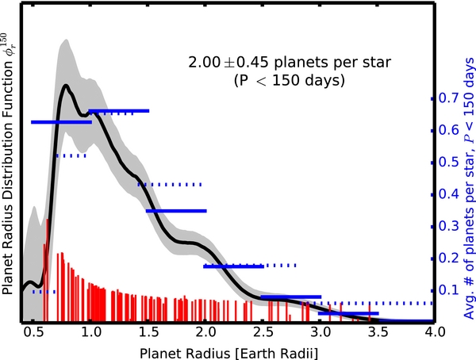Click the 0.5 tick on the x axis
point(33,331)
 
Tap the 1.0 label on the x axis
point(90,331)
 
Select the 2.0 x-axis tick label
point(205,331)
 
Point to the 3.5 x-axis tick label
point(376,331)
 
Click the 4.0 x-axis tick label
point(432,331)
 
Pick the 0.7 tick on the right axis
point(451,98)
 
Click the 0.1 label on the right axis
point(451,290)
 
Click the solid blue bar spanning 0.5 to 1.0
point(61,122)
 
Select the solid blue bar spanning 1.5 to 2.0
point(176,211)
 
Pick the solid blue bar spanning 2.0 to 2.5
point(233,266)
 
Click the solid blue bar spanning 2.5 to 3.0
point(290,297)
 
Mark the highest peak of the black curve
point(65,85)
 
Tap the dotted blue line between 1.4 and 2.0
point(170,184)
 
